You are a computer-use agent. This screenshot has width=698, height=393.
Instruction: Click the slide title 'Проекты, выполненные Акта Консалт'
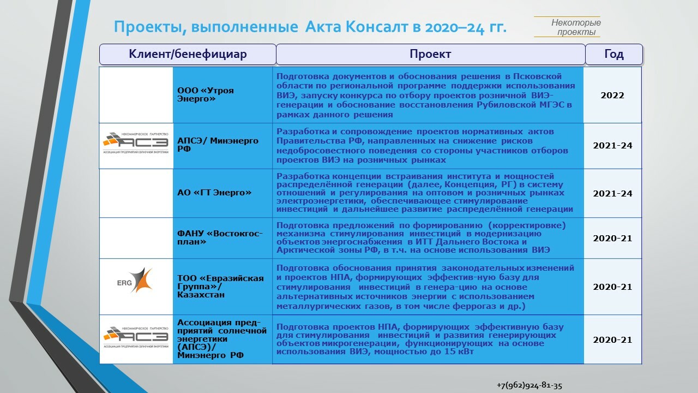310,27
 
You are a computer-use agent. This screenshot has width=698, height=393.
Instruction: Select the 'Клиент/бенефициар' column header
188,55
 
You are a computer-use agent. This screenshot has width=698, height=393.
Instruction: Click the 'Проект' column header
430,55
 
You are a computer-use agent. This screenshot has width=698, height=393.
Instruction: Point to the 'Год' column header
614,55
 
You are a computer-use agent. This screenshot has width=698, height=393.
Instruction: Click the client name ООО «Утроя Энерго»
206,95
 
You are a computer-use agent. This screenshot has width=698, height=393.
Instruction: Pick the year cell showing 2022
612,96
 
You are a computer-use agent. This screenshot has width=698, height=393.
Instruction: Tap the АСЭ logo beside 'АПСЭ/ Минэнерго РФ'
136,145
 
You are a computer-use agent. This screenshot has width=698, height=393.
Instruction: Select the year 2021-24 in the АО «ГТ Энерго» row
612,194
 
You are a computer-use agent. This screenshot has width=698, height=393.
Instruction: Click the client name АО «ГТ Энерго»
214,193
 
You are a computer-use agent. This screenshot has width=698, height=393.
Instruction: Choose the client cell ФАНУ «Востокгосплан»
220,237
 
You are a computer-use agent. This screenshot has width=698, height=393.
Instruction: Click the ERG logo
135,280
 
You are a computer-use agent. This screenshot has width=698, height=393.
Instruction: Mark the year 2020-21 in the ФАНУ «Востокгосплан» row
612,238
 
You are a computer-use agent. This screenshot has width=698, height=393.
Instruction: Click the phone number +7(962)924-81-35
529,385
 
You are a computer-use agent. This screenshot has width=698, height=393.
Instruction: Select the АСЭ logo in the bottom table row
136,338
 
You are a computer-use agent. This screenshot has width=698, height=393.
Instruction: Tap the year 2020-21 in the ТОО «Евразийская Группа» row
612,287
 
